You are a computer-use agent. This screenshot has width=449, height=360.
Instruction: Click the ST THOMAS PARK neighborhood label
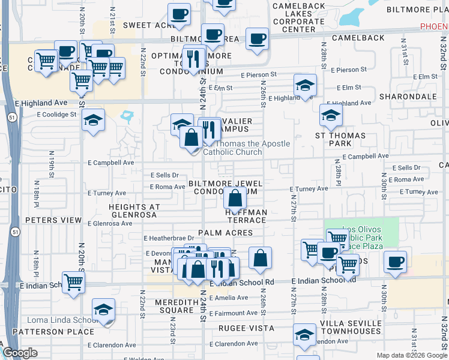pos(340,139)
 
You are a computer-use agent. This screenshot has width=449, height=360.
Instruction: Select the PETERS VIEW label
pos(53,220)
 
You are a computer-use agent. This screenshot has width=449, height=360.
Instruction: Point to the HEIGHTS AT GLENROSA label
pos(134,211)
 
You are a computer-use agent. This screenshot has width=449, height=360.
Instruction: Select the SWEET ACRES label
pos(148,25)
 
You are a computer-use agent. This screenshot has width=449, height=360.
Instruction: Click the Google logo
pos(20,353)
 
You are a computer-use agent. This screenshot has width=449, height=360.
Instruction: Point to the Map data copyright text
pos(412,355)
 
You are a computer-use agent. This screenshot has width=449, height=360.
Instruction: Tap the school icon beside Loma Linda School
pos(103,311)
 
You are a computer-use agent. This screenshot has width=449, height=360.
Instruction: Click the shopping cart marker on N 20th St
pos(73,281)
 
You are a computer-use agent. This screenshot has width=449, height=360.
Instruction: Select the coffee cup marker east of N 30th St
pos(395,262)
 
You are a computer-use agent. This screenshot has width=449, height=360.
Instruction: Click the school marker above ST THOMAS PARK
pos(331,116)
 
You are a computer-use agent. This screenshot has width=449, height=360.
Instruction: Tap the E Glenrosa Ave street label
pos(109,223)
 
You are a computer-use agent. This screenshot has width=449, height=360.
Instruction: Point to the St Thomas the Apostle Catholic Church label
pos(246,148)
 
